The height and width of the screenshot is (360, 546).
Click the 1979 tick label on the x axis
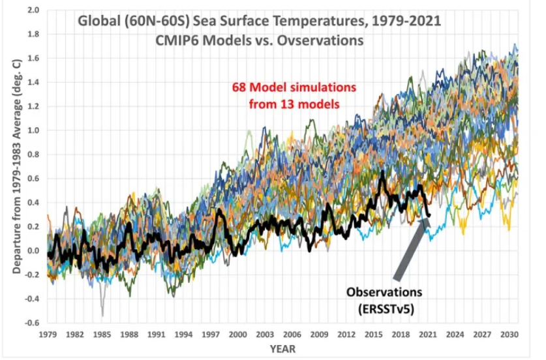[47, 333]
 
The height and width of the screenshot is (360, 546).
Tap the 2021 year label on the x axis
[427, 333]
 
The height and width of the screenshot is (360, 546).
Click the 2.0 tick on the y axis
[33, 11]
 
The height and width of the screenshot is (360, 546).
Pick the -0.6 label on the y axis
[31, 323]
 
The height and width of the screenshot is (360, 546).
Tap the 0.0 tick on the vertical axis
[33, 251]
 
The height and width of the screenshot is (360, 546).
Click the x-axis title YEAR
[282, 348]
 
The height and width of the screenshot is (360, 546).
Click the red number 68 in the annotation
[240, 88]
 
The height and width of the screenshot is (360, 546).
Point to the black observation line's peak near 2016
[382, 172]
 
